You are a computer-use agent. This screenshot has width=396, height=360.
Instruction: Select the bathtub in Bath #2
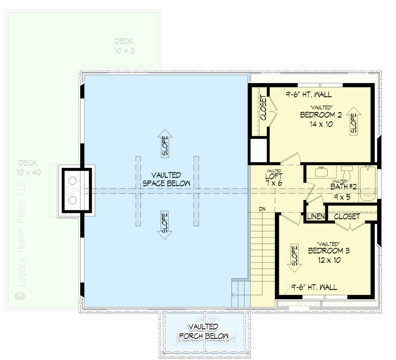pyautogui.click(x=368, y=184)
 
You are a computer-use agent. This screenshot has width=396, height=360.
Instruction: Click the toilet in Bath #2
pyautogui.click(x=347, y=173)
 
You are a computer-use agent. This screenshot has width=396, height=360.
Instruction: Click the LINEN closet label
pyautogui.click(x=316, y=217)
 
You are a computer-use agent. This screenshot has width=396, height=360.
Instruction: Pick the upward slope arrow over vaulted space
pyautogui.click(x=165, y=143)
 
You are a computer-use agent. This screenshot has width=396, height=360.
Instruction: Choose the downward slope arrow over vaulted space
pyautogui.click(x=165, y=224)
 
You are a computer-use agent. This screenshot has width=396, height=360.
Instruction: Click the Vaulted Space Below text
pyautogui.click(x=166, y=180)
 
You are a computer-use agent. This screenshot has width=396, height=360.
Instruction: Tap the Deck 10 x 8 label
pyautogui.click(x=124, y=46)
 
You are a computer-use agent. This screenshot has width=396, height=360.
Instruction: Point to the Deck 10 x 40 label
pyautogui.click(x=28, y=167)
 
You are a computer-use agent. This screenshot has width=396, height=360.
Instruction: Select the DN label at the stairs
pyautogui.click(x=262, y=209)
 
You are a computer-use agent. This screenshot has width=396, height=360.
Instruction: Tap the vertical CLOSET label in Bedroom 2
pyautogui.click(x=263, y=108)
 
